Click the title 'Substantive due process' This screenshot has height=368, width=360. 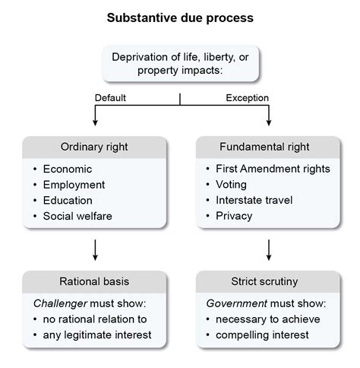click(x=180, y=16)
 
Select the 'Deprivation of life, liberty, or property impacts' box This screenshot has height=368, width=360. click(x=180, y=63)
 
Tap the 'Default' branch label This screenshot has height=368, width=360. click(x=110, y=97)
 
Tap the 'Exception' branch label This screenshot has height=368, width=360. click(x=248, y=97)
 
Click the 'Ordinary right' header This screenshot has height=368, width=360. click(x=93, y=147)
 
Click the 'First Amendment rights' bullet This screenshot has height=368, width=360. click(x=273, y=169)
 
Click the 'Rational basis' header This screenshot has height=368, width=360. click(x=93, y=281)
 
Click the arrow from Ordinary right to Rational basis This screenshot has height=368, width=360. click(x=93, y=249)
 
